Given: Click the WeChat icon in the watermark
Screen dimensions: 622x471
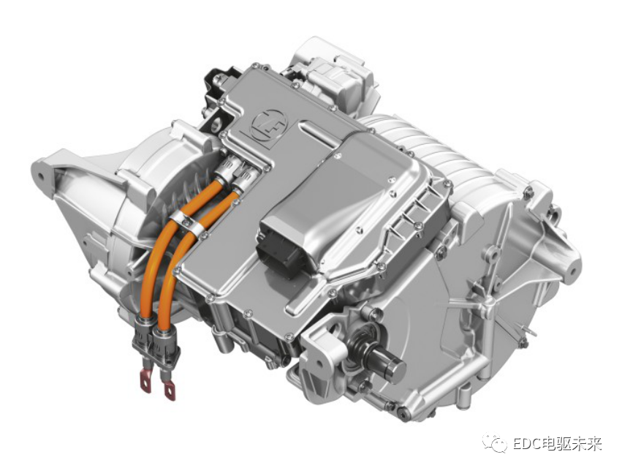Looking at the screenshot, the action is [x=495, y=442].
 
